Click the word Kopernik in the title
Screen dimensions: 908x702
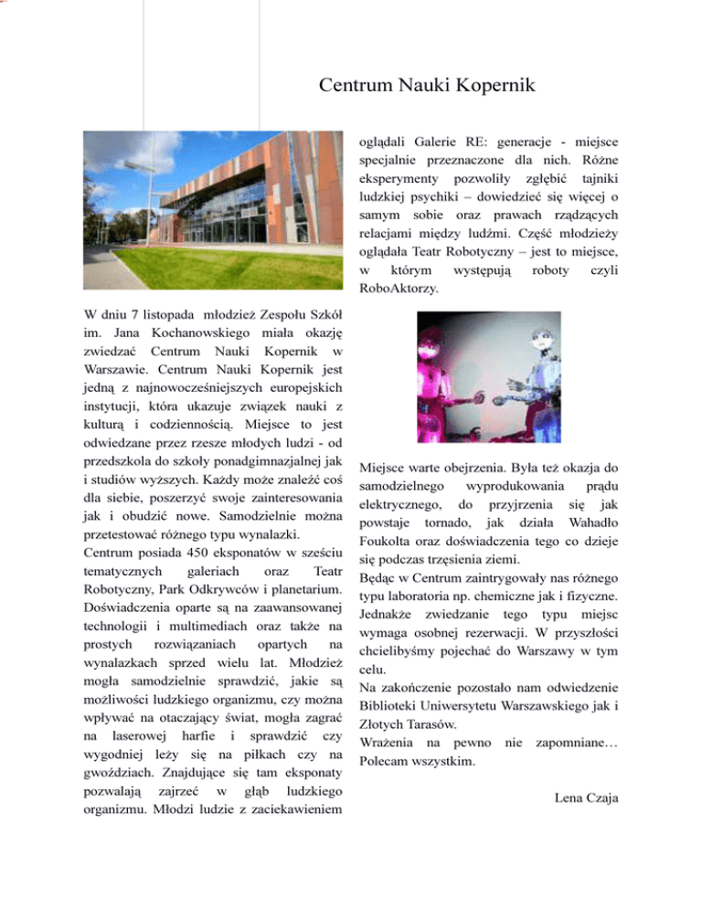pos(495,87)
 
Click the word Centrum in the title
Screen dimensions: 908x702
pos(355,87)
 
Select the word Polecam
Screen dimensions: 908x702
pos(390,757)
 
